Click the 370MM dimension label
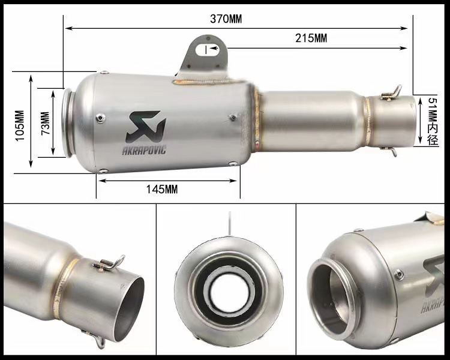click(226, 19)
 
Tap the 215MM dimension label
click(311, 38)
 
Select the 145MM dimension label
click(162, 189)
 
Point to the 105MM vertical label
click(20, 125)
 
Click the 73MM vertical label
click(46, 123)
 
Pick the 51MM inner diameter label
click(433, 121)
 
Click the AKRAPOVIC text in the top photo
click(144, 151)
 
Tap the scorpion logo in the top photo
click(146, 127)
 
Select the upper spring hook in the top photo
click(392, 93)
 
